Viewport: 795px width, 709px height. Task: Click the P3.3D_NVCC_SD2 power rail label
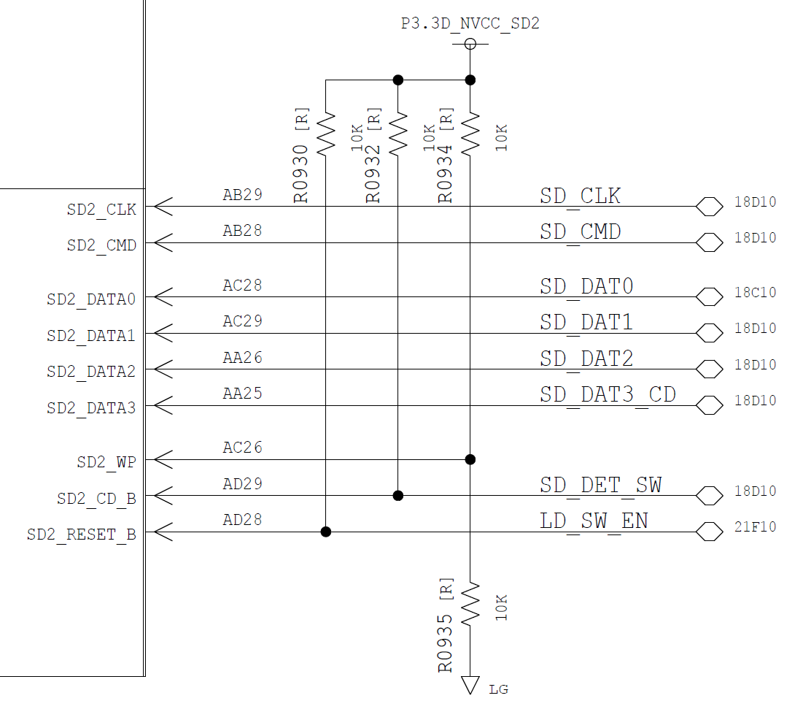(x=470, y=23)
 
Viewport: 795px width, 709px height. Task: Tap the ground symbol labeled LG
(x=470, y=685)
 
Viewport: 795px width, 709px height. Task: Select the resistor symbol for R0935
(x=470, y=603)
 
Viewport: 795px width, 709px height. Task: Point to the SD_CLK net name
(x=580, y=196)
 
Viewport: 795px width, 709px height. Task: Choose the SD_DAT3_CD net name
(x=608, y=395)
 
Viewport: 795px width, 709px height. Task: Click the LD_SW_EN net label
(x=594, y=521)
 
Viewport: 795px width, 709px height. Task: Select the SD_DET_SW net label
(x=600, y=485)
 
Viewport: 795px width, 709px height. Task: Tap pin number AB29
(x=242, y=195)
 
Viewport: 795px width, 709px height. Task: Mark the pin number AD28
(x=242, y=520)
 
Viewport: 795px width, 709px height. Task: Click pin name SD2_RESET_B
(x=82, y=534)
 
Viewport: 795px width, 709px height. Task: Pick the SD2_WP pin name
(x=106, y=462)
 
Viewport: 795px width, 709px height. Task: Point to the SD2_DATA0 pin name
(x=91, y=299)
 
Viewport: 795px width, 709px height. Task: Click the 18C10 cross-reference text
(x=755, y=293)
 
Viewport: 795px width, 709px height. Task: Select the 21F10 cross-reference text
(x=755, y=527)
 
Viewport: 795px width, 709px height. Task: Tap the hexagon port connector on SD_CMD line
(x=709, y=242)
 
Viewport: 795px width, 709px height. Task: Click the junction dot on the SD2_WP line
(x=470, y=459)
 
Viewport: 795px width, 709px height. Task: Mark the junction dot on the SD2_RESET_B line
(x=326, y=532)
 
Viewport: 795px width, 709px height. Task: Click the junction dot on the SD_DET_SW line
(x=398, y=496)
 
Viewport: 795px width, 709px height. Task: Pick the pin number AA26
(x=242, y=358)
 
